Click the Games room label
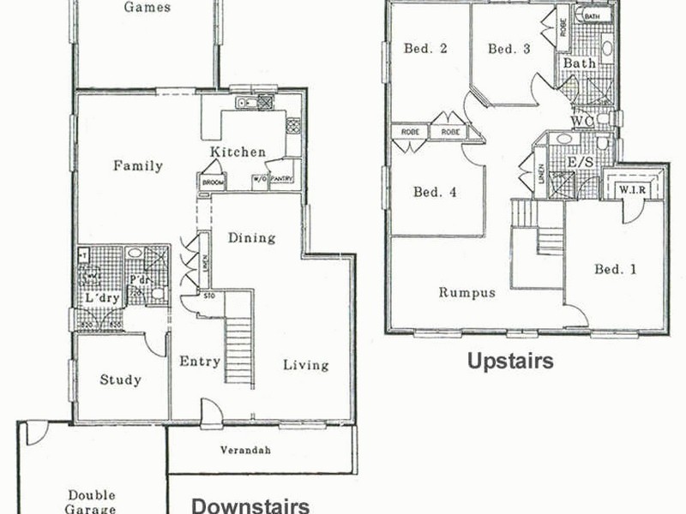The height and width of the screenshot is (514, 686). [147, 8]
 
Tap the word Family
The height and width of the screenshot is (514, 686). [138, 166]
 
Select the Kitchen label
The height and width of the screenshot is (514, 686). [238, 152]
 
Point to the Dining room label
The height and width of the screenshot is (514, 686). [251, 238]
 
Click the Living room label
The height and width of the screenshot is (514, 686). [306, 365]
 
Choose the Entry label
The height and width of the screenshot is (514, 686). [200, 362]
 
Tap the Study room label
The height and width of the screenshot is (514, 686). [120, 380]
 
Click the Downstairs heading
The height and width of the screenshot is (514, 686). [250, 505]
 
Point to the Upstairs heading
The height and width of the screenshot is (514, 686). [509, 361]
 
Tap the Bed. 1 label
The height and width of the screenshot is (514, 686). [616, 270]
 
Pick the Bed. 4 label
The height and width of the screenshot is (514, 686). [435, 192]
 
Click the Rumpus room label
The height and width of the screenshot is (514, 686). [467, 292]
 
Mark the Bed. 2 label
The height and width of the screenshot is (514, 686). [426, 49]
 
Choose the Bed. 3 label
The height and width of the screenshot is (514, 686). [509, 49]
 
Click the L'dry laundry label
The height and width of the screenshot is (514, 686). [101, 297]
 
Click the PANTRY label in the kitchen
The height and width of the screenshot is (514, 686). [282, 179]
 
